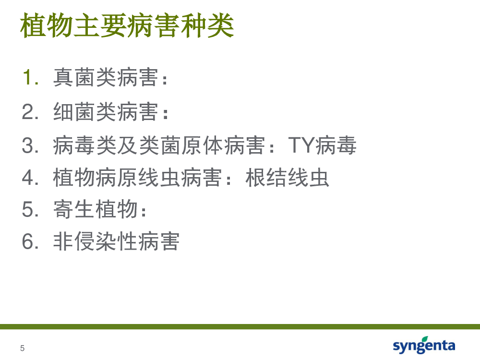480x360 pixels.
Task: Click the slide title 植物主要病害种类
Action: click(127, 25)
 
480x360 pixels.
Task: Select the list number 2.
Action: click(30, 111)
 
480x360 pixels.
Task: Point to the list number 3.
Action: click(30, 145)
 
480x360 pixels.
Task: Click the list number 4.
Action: click(30, 178)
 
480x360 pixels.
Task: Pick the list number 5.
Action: click(30, 209)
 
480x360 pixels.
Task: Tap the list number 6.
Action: click(30, 241)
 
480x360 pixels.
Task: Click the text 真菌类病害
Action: click(106, 77)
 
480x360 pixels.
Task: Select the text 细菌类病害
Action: click(106, 112)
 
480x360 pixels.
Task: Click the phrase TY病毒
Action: click(322, 145)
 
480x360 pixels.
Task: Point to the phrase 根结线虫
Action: click(287, 178)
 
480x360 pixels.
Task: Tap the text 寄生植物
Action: click(95, 209)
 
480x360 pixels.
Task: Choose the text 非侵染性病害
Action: click(116, 241)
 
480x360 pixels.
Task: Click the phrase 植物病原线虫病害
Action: click(137, 178)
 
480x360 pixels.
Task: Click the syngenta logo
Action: click(424, 345)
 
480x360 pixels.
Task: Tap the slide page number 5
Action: click(23, 348)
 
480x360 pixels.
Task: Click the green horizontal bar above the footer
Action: click(240, 326)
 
